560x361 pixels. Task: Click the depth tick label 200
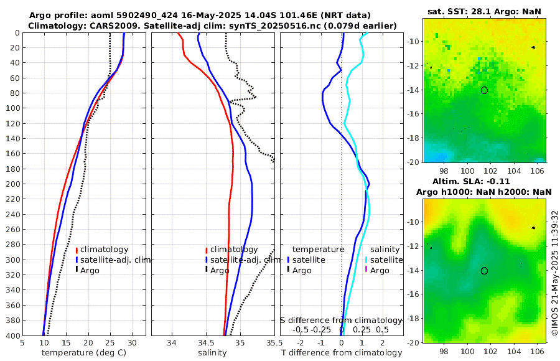[11, 184]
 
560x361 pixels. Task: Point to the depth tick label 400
[11, 335]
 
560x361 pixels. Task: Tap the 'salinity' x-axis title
[212, 353]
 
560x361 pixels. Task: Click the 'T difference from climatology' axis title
[341, 353]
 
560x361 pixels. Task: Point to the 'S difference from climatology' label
[341, 320]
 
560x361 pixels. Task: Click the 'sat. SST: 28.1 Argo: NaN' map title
[484, 11]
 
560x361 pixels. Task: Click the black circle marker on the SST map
[484, 90]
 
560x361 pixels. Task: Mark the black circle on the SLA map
[484, 271]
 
